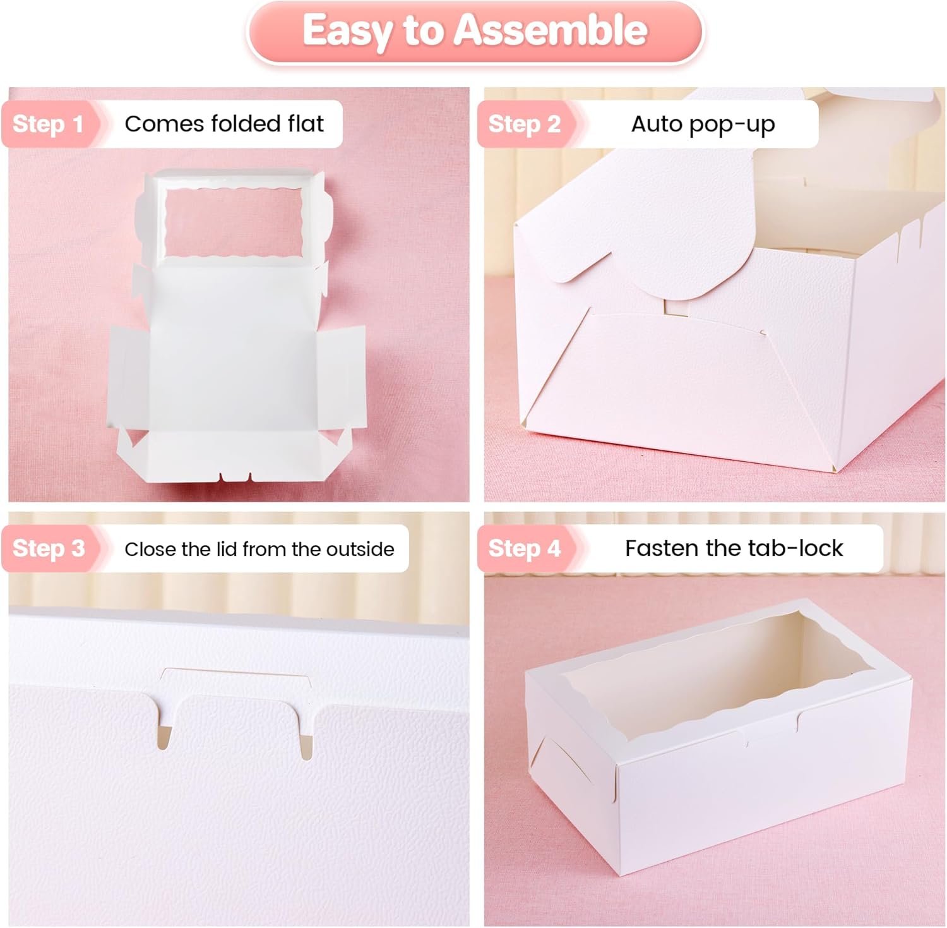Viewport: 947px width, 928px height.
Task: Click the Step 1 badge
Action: [48, 124]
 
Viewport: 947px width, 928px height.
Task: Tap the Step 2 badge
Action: [524, 124]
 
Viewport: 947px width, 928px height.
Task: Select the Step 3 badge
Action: [49, 548]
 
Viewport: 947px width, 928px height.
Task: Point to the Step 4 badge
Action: [524, 548]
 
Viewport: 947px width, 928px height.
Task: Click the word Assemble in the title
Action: [551, 30]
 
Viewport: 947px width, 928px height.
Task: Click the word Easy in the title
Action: [345, 30]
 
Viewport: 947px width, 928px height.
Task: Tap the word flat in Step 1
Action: [306, 124]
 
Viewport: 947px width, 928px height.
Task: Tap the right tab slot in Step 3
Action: [306, 745]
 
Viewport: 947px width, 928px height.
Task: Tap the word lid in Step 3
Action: [227, 549]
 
